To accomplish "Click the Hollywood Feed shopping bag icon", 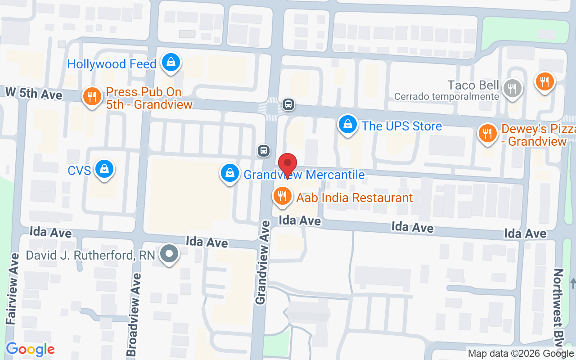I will coord(171,63).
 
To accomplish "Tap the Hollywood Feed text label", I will coord(112,64).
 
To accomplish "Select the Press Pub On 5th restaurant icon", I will coord(92,96).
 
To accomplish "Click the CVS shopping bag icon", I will coord(104,169).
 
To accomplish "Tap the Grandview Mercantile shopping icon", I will coord(229,173).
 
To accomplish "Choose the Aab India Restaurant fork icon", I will coord(282,196).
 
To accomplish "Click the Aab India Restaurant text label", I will coord(355,198).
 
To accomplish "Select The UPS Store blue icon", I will coord(347,125).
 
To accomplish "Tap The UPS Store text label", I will coord(402,126).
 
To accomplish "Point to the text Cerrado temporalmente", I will coord(446,97).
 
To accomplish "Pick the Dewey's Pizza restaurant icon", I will coord(487,133).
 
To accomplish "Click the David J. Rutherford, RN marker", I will coord(169,255).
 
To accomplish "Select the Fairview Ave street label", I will coord(13,288).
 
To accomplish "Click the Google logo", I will coord(30,349).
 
